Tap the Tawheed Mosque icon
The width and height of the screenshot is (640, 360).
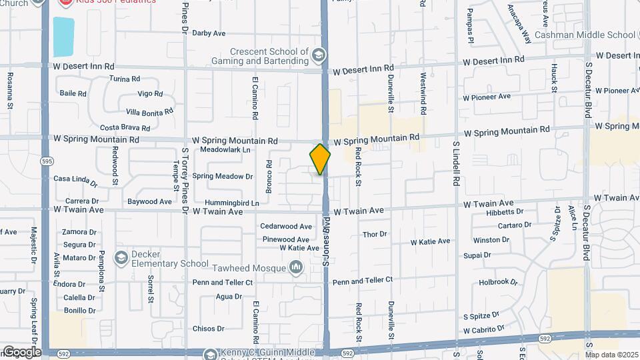click(x=296, y=268)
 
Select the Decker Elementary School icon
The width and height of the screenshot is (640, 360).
click(x=121, y=257)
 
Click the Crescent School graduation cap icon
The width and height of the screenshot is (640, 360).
click(x=319, y=54)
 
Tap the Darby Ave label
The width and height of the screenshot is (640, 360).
click(x=209, y=33)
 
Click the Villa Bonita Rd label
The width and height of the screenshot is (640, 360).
click(x=149, y=111)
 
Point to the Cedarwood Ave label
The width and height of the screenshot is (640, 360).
click(x=286, y=227)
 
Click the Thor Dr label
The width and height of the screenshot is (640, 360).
click(x=374, y=234)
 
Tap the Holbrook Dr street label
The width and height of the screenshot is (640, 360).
click(x=498, y=282)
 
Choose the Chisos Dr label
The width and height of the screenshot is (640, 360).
click(x=207, y=329)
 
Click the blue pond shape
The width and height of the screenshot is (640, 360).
click(x=63, y=37)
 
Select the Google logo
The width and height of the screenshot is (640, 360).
click(x=21, y=351)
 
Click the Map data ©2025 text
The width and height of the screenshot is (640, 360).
click(x=611, y=355)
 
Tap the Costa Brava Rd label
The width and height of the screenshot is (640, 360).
click(x=125, y=127)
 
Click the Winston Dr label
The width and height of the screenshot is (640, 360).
click(x=491, y=240)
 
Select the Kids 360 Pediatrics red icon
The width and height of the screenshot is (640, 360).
click(x=66, y=2)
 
